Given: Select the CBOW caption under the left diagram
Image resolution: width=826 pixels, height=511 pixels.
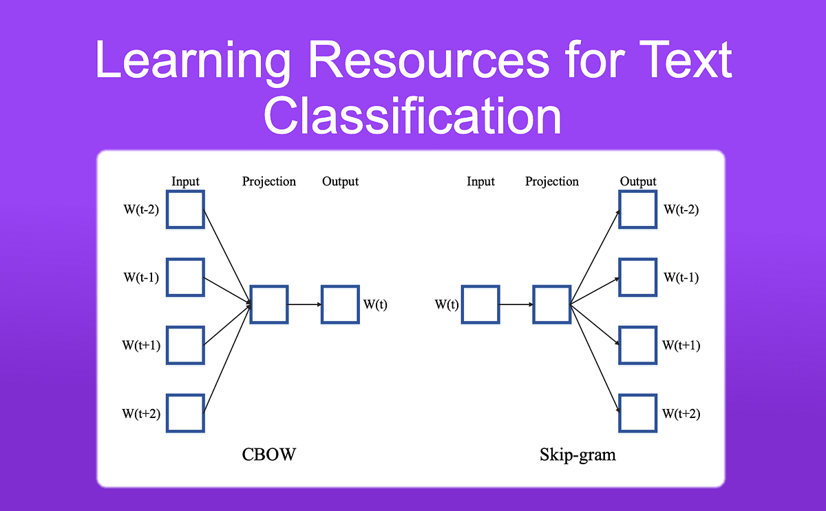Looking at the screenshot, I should pyautogui.click(x=268, y=455).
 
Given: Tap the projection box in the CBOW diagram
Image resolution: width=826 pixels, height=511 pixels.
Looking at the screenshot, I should pyautogui.click(x=269, y=304).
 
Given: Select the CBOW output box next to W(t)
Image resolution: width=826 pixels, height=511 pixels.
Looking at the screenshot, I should pyautogui.click(x=340, y=304).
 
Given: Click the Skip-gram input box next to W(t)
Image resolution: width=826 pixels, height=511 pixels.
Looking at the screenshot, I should pyautogui.click(x=480, y=304).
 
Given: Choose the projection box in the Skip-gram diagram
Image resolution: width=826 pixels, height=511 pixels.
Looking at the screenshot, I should pyautogui.click(x=551, y=304).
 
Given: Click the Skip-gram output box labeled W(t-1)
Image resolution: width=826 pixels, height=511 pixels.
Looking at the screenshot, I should pyautogui.click(x=638, y=277).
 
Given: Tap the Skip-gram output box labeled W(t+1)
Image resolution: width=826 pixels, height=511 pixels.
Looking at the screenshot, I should pyautogui.click(x=638, y=344).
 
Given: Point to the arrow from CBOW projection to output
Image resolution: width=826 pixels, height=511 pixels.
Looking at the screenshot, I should pyautogui.click(x=304, y=304).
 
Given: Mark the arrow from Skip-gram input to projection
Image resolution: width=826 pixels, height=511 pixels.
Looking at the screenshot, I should pyautogui.click(x=516, y=304).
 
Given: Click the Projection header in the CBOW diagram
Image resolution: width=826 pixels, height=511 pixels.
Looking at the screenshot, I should pyautogui.click(x=269, y=182).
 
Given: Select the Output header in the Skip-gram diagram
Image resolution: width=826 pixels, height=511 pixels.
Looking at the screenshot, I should pyautogui.click(x=638, y=182).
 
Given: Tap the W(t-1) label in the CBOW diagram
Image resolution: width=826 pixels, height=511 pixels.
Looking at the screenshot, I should pyautogui.click(x=142, y=278).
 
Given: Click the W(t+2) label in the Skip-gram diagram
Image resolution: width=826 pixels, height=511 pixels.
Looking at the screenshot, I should pyautogui.click(x=681, y=414).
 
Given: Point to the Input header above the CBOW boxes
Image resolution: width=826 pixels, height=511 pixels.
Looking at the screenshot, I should pyautogui.click(x=185, y=182).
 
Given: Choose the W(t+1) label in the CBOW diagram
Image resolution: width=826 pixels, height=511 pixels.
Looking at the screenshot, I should pyautogui.click(x=142, y=345).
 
